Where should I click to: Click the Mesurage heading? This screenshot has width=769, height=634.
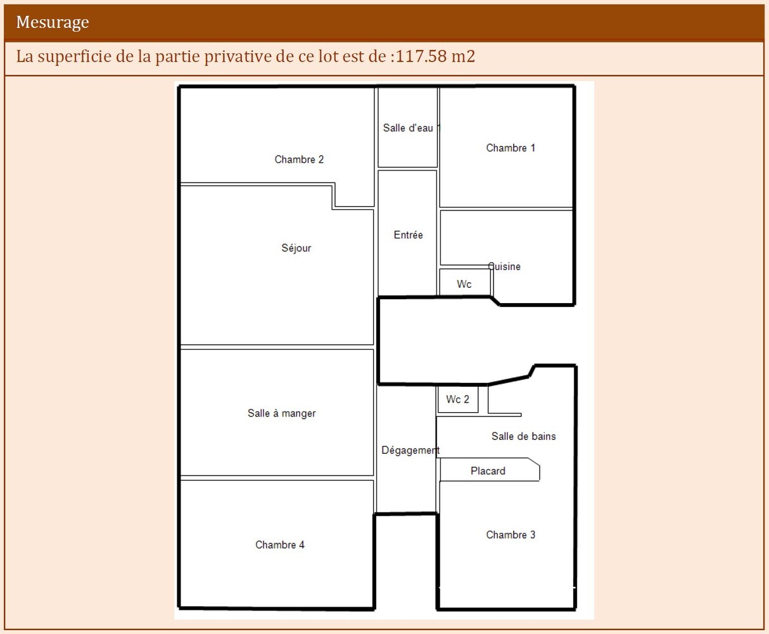[x=53, y=22]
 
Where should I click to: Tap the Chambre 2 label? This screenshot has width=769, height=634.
[x=299, y=159]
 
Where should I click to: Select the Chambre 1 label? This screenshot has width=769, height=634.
[x=511, y=148]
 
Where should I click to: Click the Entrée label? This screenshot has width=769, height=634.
[x=408, y=235]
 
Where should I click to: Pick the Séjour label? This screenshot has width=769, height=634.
[x=296, y=248]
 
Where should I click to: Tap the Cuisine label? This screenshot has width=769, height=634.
[x=504, y=266]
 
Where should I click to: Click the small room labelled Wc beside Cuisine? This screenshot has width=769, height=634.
[x=465, y=282]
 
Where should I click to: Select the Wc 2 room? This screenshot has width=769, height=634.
[x=458, y=399]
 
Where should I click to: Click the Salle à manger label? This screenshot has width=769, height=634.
[x=281, y=413]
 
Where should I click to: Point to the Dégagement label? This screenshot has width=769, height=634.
[x=410, y=450]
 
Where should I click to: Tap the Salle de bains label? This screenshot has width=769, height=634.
[x=523, y=436]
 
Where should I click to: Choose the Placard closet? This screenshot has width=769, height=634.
[x=490, y=470]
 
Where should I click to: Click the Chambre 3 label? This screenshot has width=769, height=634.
[x=511, y=534]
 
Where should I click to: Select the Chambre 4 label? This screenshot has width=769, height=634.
[x=280, y=545]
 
